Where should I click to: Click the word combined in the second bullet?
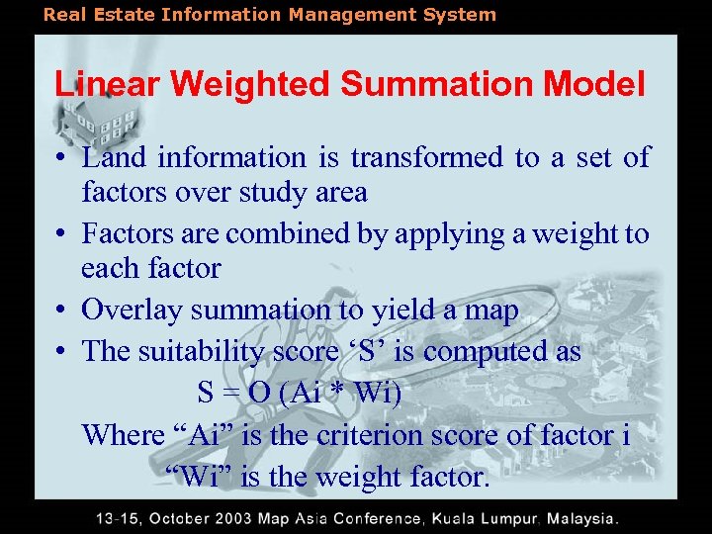tap(306, 233)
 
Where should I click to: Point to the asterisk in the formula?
tap(337, 395)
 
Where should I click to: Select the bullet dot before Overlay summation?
tap(61, 311)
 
